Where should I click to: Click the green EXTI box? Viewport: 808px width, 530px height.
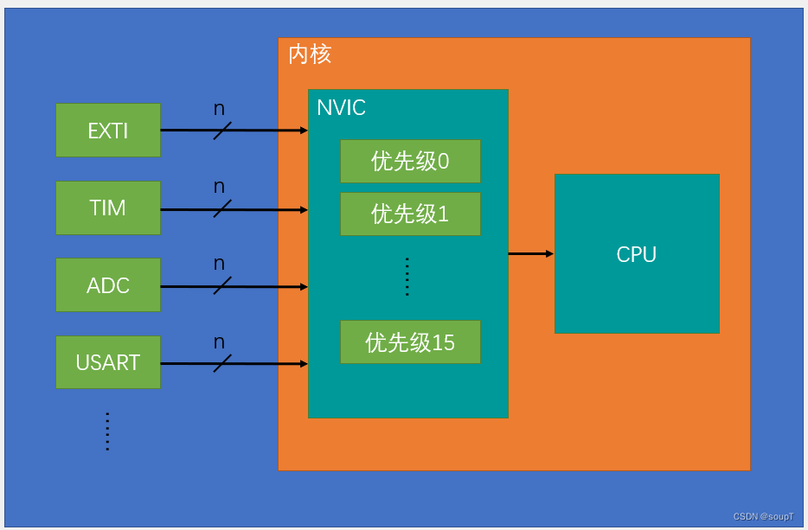[108, 131]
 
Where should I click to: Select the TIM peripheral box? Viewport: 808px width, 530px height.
[108, 208]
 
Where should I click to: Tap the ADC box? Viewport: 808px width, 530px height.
[108, 285]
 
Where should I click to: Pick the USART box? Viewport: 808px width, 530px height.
[108, 362]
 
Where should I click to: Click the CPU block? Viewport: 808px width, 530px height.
[637, 254]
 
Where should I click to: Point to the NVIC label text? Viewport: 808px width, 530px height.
[341, 108]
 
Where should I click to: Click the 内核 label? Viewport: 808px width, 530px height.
[310, 55]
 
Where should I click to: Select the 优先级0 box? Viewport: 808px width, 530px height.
[410, 162]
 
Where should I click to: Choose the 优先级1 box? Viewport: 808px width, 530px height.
[410, 214]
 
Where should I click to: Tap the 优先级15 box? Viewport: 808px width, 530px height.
[410, 342]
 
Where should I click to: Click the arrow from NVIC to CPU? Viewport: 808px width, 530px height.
[530, 253]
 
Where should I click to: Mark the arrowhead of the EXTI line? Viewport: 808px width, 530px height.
[304, 131]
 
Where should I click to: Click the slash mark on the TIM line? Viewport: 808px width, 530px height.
[222, 208]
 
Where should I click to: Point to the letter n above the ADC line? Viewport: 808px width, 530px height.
[219, 264]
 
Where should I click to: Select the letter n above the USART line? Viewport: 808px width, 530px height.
[219, 342]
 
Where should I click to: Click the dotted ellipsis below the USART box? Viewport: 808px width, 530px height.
[107, 431]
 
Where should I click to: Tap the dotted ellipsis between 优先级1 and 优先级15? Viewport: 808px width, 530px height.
[407, 277]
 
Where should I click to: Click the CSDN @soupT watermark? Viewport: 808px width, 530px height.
[763, 516]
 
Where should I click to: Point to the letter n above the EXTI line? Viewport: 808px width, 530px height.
[219, 109]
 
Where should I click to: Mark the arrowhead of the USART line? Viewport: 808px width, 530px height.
[304, 363]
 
